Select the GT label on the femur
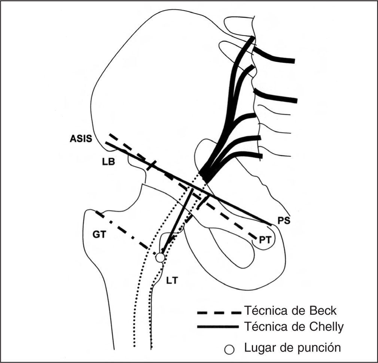(99, 235)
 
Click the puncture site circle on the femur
(160, 257)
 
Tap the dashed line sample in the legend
(219, 312)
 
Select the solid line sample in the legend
(219, 327)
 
